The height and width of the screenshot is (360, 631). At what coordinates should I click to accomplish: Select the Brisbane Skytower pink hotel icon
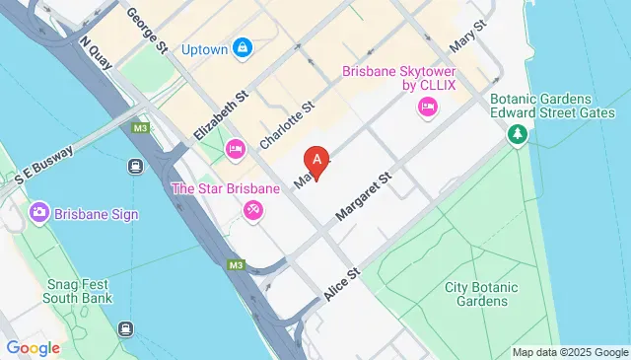428,108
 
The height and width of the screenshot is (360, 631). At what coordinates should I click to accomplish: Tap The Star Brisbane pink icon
252,210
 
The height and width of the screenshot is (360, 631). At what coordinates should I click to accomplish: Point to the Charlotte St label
286,125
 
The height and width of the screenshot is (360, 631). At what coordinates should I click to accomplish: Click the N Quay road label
99,57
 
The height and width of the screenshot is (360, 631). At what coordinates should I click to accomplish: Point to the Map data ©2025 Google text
570,352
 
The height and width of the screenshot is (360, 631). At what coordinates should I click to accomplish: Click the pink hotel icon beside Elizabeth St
235,150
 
